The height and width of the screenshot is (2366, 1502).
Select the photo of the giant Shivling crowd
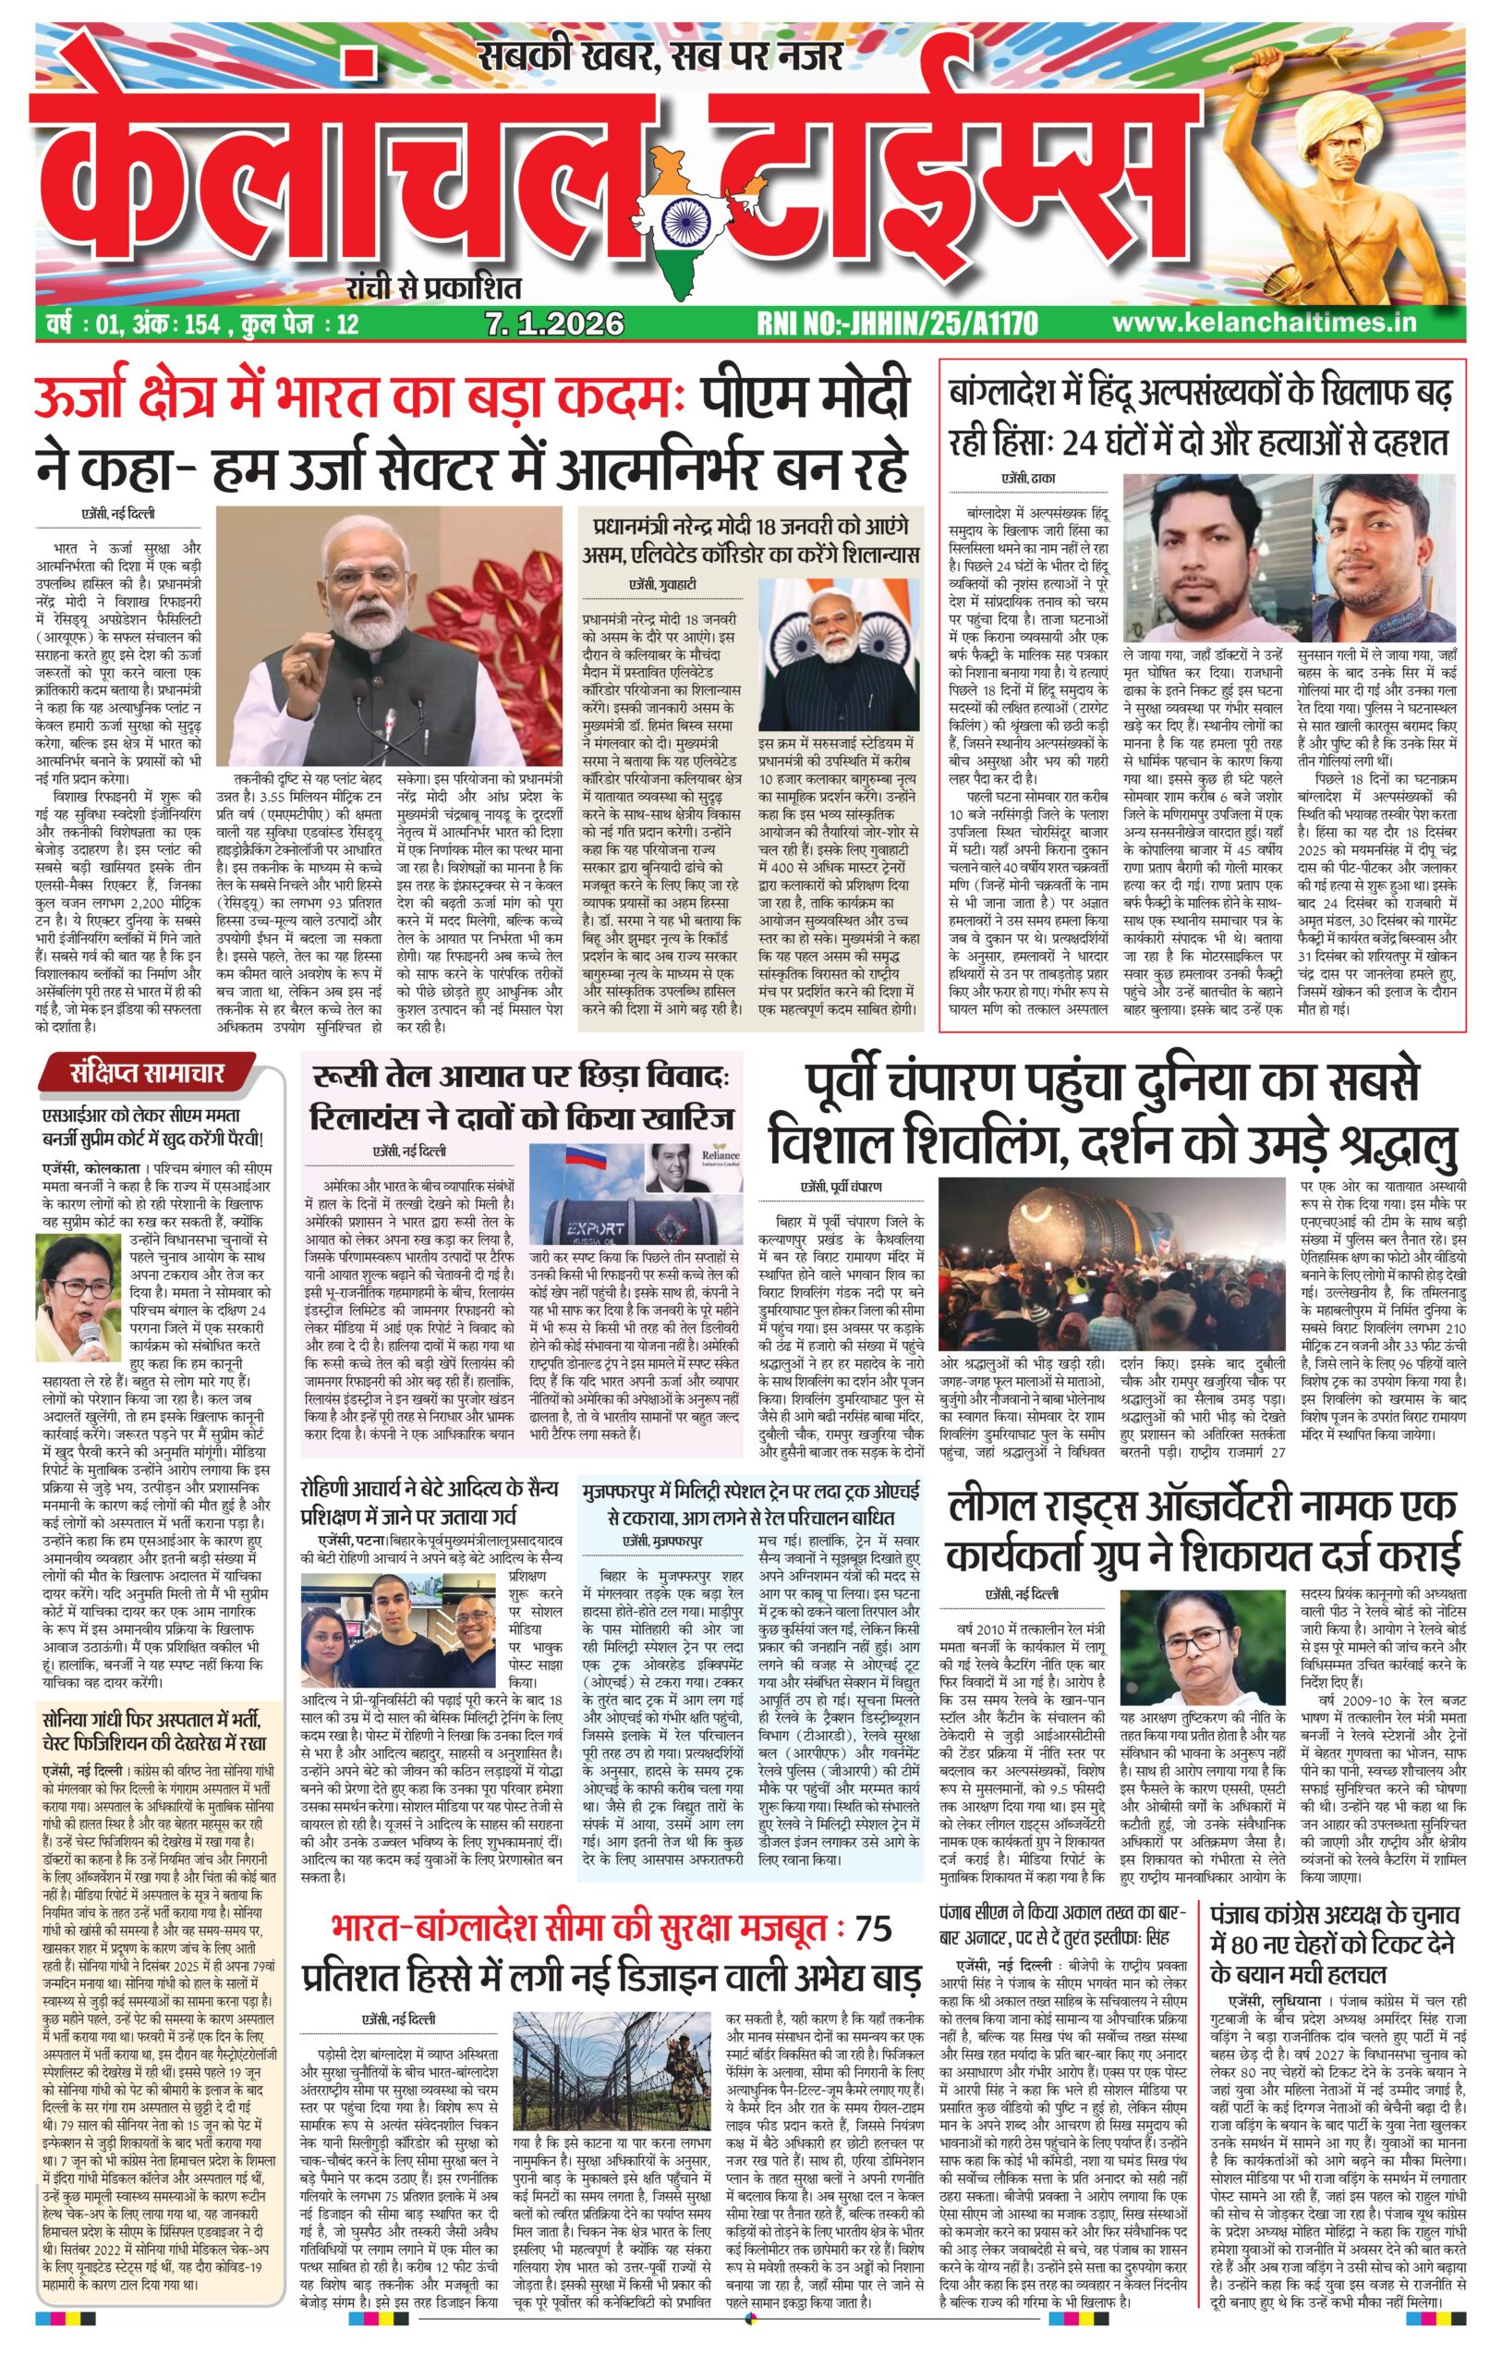coord(1110,1263)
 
